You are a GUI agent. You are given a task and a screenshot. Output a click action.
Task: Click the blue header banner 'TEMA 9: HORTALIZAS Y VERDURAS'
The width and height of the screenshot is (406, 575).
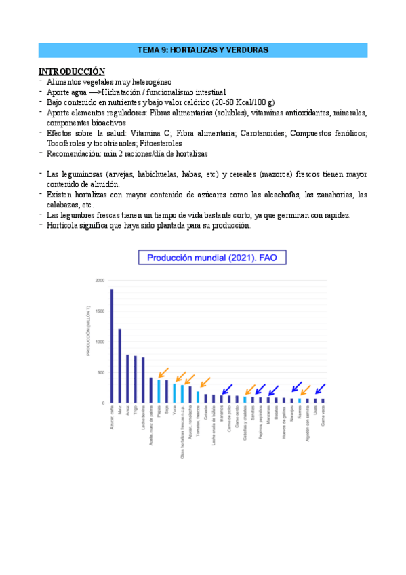click(x=203, y=50)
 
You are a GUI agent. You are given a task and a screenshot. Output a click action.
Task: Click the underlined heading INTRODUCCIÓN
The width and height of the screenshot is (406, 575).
click(x=72, y=71)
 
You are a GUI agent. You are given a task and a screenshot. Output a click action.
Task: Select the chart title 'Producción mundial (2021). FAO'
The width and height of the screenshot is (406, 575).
click(x=203, y=258)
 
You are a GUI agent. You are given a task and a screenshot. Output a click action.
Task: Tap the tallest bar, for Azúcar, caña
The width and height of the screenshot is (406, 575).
click(x=111, y=346)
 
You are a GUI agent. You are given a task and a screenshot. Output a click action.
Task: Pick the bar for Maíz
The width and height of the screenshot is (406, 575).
click(x=119, y=366)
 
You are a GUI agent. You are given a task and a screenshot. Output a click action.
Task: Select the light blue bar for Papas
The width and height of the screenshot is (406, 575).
click(x=159, y=391)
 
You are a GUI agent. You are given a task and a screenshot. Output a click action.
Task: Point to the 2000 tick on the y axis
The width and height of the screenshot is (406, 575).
click(x=100, y=280)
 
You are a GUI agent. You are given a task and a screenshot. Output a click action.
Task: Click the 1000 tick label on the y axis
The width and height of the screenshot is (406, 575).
click(x=100, y=342)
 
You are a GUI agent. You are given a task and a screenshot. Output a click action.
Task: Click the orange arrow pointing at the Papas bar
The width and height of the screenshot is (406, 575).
click(x=163, y=373)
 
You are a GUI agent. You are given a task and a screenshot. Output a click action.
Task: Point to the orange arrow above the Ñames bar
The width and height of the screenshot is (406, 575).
click(x=306, y=390)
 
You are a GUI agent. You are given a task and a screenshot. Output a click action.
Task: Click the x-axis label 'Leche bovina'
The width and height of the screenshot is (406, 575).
click(x=143, y=418)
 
